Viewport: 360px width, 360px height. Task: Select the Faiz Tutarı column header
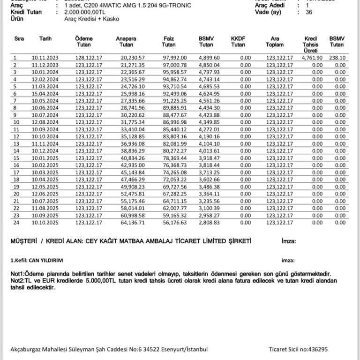(x=169, y=41)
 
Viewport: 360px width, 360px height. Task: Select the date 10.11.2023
(x=45, y=58)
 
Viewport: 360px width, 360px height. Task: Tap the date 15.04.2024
(x=45, y=94)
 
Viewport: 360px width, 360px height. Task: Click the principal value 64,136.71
(x=133, y=223)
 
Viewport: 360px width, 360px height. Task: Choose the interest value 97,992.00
(x=174, y=58)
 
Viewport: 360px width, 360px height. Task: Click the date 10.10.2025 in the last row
(x=45, y=223)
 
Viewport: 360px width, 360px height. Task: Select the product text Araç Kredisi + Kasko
(x=91, y=19)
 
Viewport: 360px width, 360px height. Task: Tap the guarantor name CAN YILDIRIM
(x=45, y=260)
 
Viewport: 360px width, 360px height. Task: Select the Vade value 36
(x=308, y=12)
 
